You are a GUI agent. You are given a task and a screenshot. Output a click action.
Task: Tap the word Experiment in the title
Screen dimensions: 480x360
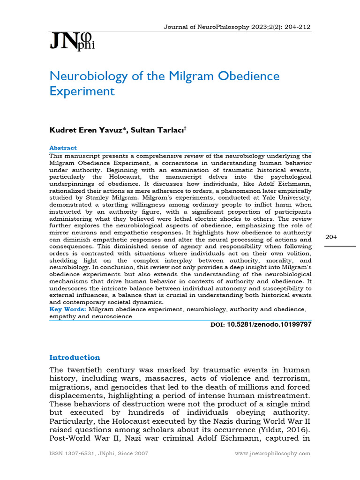[x=82, y=91]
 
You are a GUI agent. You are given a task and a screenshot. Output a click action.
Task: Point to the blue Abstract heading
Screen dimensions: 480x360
[x=63, y=148]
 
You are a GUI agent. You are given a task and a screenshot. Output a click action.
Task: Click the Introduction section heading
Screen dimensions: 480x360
[x=75, y=357]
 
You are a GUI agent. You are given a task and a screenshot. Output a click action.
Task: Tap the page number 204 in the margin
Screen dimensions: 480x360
[x=331, y=237]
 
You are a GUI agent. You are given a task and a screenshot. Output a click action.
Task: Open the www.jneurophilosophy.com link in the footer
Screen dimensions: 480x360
[x=272, y=453]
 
